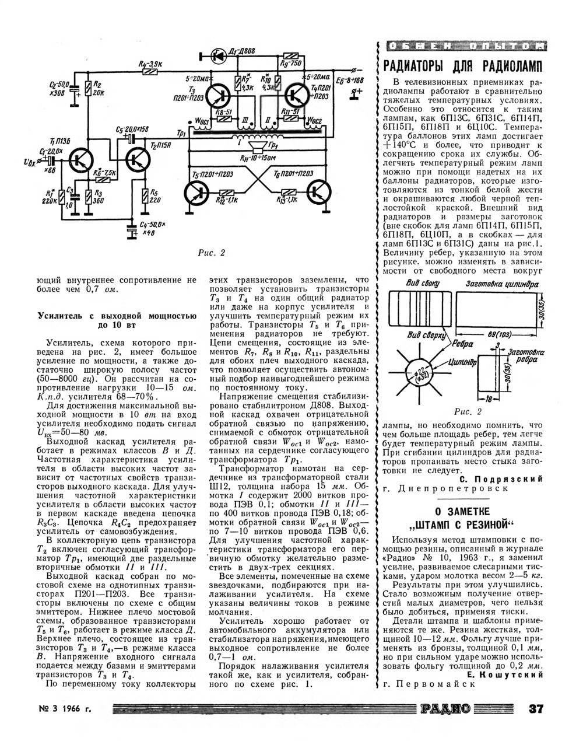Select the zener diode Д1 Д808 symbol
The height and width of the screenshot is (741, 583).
click(x=218, y=55)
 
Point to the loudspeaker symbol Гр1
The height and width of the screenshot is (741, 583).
click(x=257, y=145)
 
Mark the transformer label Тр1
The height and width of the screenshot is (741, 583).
click(x=181, y=134)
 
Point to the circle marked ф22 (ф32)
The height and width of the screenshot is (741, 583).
click(x=420, y=374)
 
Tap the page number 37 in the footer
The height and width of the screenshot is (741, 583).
click(x=536, y=709)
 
